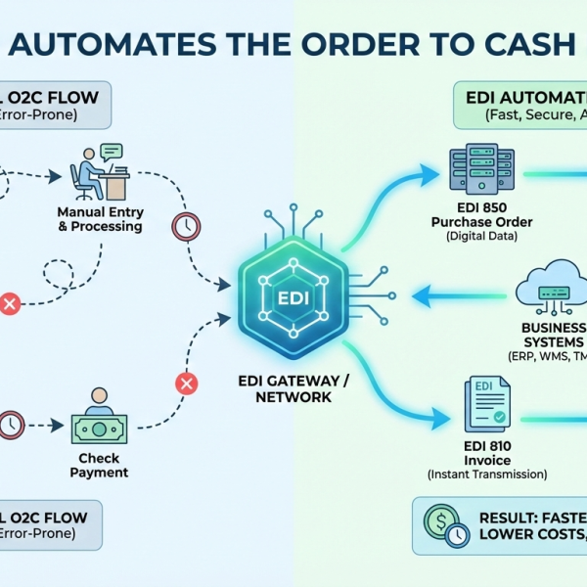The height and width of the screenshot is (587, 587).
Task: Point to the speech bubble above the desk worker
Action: (x=112, y=151)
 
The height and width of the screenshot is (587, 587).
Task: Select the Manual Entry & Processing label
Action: (x=100, y=219)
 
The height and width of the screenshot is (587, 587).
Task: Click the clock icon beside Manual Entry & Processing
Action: (x=184, y=226)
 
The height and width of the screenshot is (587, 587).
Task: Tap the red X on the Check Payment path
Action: (x=186, y=384)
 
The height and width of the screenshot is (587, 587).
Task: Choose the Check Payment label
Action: (x=99, y=466)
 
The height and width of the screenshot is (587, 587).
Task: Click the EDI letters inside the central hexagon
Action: (x=293, y=296)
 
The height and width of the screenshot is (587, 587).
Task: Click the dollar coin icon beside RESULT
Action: (x=436, y=519)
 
